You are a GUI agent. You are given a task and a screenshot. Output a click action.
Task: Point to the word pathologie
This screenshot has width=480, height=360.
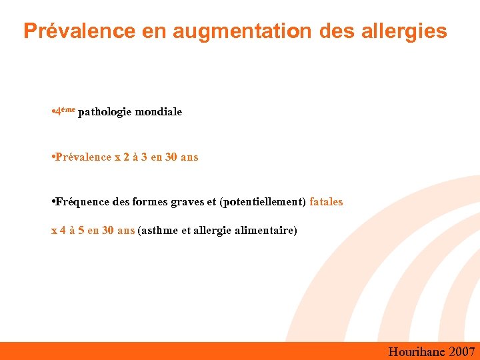(105, 112)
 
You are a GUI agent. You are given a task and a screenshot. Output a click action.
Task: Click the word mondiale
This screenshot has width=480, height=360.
(158, 112)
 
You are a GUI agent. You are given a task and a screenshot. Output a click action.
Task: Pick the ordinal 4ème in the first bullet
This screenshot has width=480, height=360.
(65, 111)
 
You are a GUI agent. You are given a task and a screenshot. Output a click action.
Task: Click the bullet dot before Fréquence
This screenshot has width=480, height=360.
(53, 201)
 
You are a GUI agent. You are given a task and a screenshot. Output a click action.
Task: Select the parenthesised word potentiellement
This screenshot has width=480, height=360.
(263, 201)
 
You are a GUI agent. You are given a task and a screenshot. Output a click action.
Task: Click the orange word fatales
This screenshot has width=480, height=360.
(326, 201)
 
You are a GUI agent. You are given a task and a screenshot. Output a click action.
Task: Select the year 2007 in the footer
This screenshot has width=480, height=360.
(462, 351)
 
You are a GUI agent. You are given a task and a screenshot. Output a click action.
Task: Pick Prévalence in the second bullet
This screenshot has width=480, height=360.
(83, 157)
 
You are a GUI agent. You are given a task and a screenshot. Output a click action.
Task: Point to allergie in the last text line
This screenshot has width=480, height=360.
(213, 231)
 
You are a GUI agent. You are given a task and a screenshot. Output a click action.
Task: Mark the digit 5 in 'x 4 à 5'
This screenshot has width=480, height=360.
(81, 231)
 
